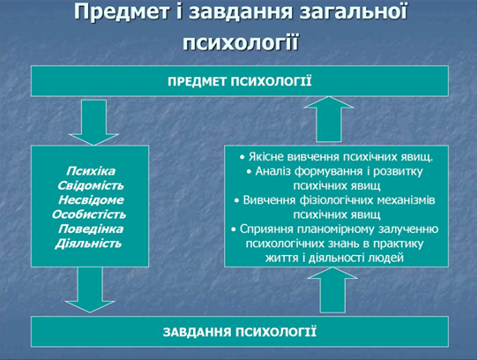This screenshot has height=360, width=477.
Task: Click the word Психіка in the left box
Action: pos(91,171)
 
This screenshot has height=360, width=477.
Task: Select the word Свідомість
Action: pos(91,185)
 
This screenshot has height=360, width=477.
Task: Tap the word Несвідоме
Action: pos(91,200)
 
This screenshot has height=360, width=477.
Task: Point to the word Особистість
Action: pos(89,214)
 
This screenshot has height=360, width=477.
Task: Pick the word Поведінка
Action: pos(91,229)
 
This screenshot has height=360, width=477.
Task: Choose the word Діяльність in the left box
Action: pos(88,244)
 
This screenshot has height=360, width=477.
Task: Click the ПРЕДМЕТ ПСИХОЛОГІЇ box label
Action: pos(240,81)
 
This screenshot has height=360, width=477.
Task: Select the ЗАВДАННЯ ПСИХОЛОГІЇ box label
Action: pos(240,332)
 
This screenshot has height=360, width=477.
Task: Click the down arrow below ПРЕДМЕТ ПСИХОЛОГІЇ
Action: pos(93,123)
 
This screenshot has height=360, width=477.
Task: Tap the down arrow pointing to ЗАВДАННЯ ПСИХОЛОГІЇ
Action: pos(90,290)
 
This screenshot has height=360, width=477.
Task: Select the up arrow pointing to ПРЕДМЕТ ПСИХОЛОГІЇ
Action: pos(329,119)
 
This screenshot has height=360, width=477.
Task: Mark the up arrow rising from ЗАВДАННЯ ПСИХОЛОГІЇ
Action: pos(332,290)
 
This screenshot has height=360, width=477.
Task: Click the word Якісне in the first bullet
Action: pos(266,157)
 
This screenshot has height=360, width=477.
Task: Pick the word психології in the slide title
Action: pos(241,41)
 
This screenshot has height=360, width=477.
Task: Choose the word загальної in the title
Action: pos(354,12)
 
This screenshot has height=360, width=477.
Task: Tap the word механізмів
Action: pos(406,200)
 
